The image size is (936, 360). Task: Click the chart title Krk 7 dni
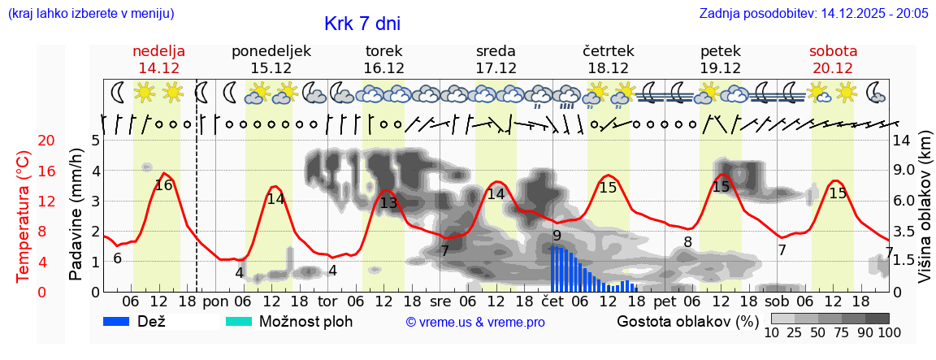click(362, 24)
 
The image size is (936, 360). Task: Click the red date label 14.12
click(158, 68)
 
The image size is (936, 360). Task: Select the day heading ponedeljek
click(271, 51)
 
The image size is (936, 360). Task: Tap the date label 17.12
click(496, 68)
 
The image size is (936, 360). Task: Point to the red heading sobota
click(833, 51)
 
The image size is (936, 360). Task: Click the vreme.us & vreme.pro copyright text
click(475, 323)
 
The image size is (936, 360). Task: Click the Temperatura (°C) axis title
click(24, 215)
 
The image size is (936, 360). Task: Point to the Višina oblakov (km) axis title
click(925, 215)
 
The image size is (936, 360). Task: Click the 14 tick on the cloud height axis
click(902, 141)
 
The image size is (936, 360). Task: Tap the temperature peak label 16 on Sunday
click(163, 185)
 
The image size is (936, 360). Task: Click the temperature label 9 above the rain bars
click(557, 236)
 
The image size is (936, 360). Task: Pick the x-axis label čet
click(552, 301)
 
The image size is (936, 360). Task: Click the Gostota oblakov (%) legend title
click(687, 321)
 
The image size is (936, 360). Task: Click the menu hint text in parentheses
click(90, 13)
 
